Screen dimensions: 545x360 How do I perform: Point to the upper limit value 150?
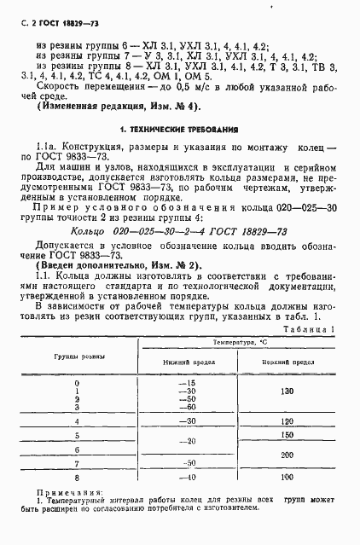pyautogui.click(x=286, y=434)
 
